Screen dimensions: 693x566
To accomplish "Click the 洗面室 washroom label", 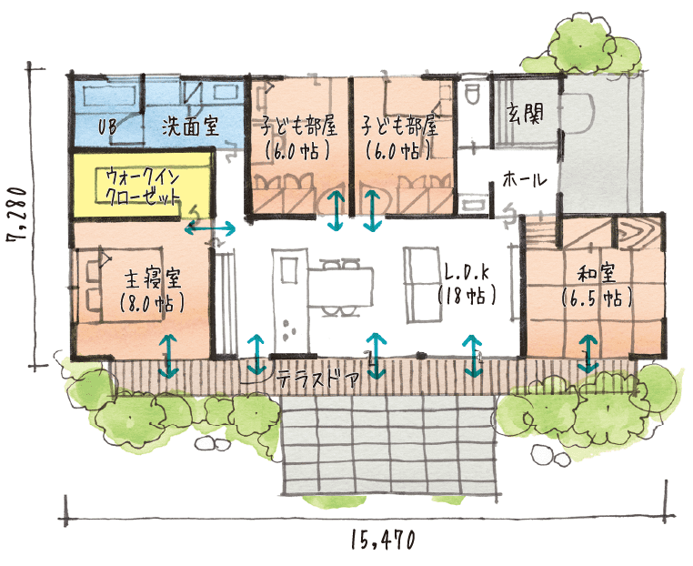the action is click(190, 126).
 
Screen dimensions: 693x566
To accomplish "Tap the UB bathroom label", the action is click(107, 127).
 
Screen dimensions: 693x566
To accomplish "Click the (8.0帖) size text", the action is click(152, 303).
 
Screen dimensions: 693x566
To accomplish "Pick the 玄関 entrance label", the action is click(525, 113).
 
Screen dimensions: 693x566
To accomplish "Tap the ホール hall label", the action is click(525, 179).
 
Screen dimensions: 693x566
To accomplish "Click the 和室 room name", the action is click(597, 274).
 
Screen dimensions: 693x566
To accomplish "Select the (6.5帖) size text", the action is click(597, 298).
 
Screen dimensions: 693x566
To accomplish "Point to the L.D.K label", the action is click(467, 273).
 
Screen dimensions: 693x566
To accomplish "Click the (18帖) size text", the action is click(467, 295).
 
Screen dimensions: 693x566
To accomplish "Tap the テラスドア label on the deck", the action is click(316, 379).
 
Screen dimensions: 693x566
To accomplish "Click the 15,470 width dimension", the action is click(383, 540).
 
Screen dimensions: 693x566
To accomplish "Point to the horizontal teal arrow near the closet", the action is click(210, 228).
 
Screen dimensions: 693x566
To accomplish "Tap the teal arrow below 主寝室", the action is click(168, 356).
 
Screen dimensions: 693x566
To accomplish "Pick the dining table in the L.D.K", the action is click(340, 287).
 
